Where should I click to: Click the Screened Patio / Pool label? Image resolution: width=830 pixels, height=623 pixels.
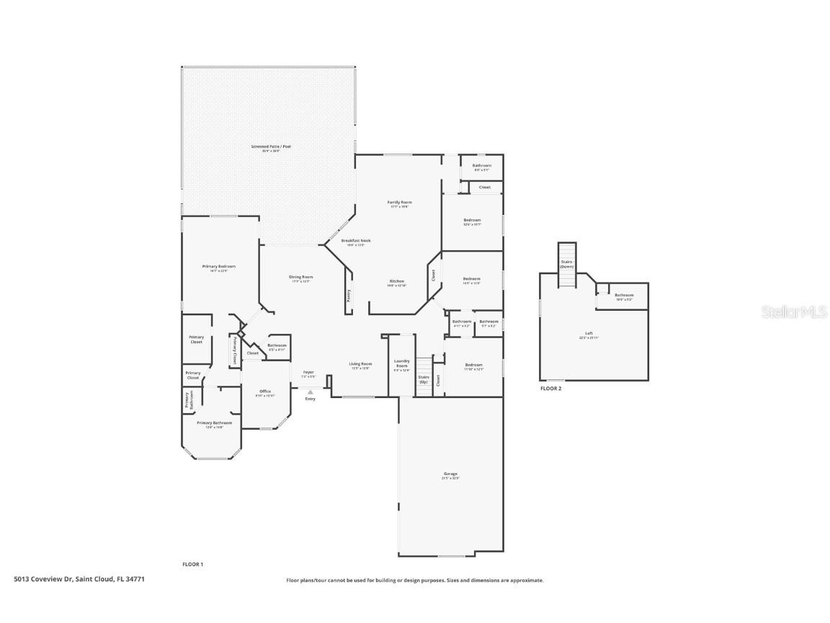pyautogui.click(x=271, y=146)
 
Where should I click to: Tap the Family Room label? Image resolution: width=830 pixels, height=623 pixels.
pyautogui.click(x=399, y=203)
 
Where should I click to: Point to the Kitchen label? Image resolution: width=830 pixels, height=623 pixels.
pyautogui.click(x=397, y=280)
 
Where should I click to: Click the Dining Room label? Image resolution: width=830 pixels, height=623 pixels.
pyautogui.click(x=301, y=277)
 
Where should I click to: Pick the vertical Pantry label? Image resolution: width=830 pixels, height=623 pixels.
pyautogui.click(x=349, y=295)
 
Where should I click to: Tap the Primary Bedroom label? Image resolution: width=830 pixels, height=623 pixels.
pyautogui.click(x=218, y=266)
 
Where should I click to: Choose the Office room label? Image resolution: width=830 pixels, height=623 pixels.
pyautogui.click(x=265, y=391)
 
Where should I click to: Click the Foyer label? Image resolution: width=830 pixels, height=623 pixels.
pyautogui.click(x=308, y=372)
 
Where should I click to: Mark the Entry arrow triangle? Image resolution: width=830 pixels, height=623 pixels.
pyautogui.click(x=311, y=392)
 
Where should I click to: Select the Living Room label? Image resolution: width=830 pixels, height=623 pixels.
pyautogui.click(x=360, y=364)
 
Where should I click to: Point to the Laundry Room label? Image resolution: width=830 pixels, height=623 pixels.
pyautogui.click(x=401, y=363)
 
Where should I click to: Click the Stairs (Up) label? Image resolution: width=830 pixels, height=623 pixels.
pyautogui.click(x=424, y=379)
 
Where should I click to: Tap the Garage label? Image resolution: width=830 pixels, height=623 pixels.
pyautogui.click(x=451, y=474)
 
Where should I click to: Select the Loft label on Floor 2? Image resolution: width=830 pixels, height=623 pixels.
pyautogui.click(x=589, y=333)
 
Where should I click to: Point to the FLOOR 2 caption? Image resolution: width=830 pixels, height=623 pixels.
pyautogui.click(x=550, y=389)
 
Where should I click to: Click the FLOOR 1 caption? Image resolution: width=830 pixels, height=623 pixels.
pyautogui.click(x=193, y=564)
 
